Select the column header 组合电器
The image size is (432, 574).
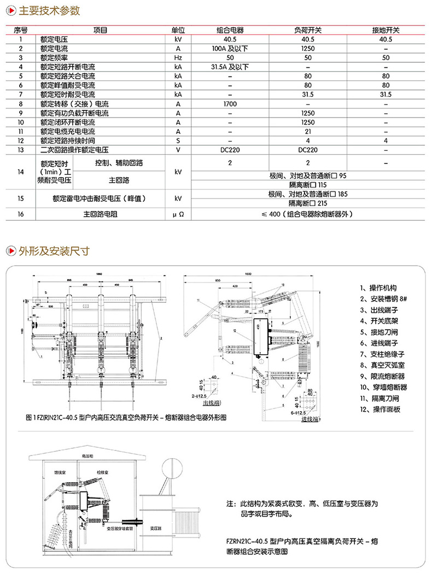(x=230, y=31)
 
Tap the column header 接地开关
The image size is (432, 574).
(x=386, y=31)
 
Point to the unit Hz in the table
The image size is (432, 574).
(x=178, y=58)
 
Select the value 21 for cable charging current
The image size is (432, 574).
(x=307, y=131)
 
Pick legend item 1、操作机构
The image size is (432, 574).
(x=378, y=288)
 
